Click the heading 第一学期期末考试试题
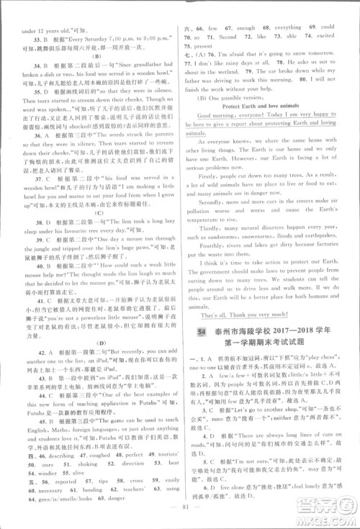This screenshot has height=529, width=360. click(x=265, y=343)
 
